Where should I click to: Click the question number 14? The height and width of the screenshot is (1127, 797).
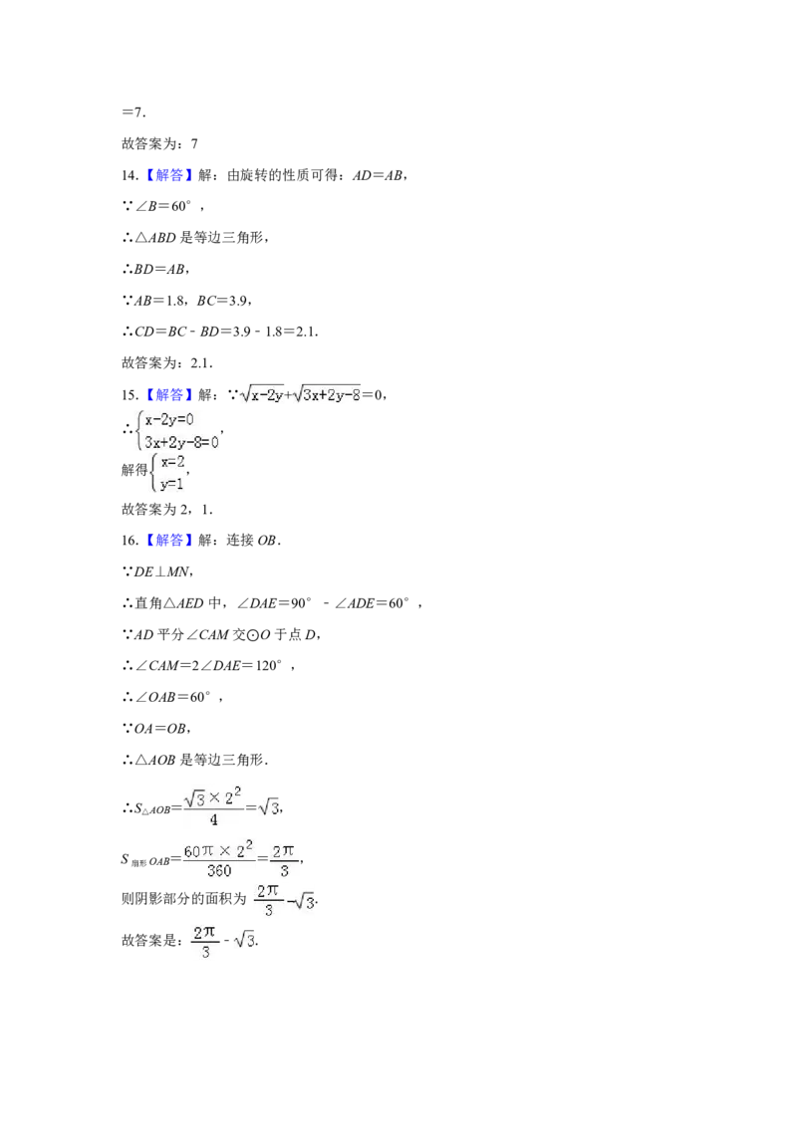tap(130, 175)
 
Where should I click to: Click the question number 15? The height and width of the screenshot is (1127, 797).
tap(130, 394)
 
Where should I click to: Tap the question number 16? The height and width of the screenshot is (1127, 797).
tap(130, 541)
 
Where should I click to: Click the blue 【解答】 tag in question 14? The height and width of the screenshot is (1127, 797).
tap(168, 175)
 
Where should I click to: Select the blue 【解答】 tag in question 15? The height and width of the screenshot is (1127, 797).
tap(168, 394)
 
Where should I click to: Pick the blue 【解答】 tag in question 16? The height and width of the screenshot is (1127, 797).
tap(168, 541)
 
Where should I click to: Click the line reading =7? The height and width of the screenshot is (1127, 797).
tap(133, 113)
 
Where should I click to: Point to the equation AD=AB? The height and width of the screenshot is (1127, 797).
tap(378, 175)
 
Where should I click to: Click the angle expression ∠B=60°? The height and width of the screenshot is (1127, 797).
tap(163, 206)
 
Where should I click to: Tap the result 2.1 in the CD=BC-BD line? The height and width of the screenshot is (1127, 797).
tap(306, 333)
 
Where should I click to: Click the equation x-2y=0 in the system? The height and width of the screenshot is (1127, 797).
tap(169, 420)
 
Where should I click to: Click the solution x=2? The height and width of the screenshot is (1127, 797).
tap(172, 462)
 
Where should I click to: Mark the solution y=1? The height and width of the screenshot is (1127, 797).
tap(172, 485)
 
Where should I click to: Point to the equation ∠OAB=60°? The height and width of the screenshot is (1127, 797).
tap(172, 697)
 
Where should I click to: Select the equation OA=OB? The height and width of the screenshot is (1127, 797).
tap(161, 729)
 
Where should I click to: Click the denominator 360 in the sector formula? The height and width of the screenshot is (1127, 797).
tap(218, 871)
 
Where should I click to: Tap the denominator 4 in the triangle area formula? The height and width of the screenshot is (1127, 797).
tap(213, 820)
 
